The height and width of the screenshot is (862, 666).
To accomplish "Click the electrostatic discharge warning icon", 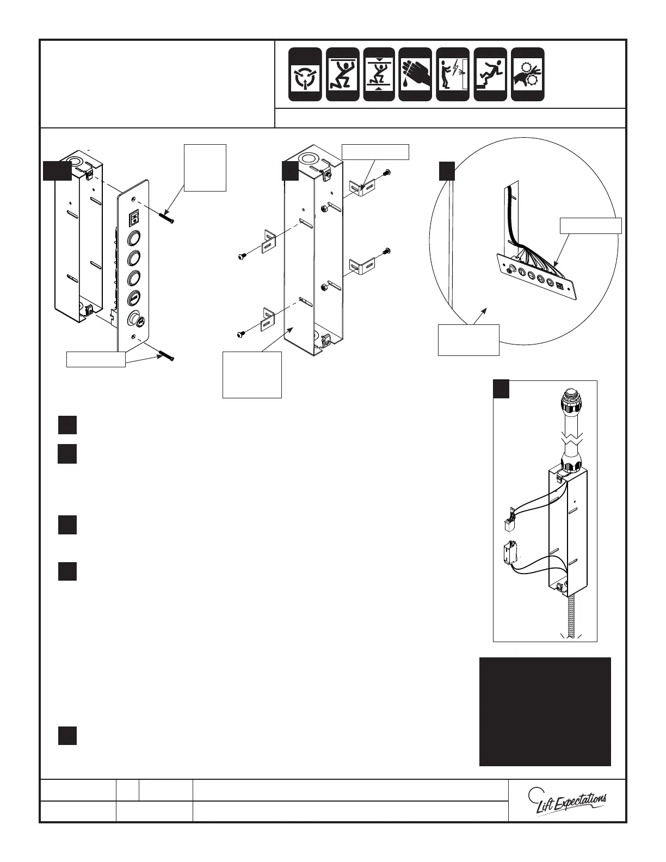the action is [304, 75].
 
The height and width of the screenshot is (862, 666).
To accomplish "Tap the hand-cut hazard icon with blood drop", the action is [415, 75].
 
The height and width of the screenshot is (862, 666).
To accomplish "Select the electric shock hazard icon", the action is [453, 75].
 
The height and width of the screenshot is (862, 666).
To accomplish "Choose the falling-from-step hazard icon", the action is [490, 75].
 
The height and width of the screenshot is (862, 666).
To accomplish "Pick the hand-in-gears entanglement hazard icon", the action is [528, 75].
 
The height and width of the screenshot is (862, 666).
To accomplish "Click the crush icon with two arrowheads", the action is [380, 75].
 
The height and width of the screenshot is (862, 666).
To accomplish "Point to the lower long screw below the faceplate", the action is [166, 356].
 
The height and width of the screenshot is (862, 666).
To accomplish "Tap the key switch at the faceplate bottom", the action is [134, 319].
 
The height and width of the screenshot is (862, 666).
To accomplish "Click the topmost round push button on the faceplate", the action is [134, 238].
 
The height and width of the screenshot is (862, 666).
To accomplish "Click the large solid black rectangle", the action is [545, 711].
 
